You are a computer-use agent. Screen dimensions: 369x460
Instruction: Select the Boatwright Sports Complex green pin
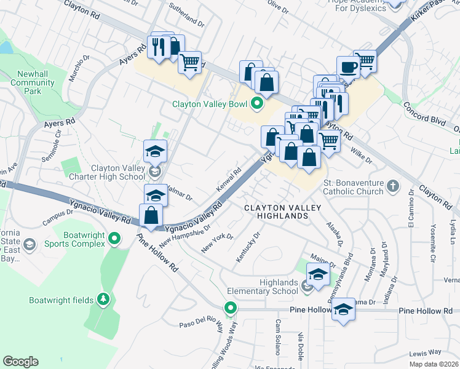tap(114, 238)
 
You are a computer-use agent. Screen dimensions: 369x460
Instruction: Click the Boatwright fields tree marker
tap(104, 300)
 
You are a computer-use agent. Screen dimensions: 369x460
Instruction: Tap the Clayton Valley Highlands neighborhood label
tap(276, 212)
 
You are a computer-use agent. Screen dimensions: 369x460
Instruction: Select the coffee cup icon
tap(348, 66)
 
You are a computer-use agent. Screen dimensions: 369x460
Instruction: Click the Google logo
tap(20, 362)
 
